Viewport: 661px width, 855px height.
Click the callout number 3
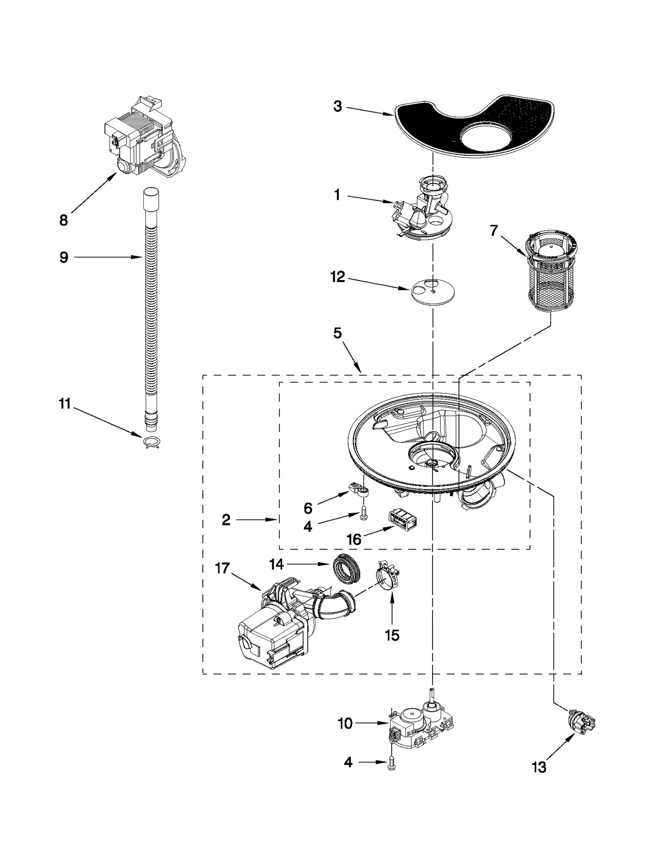[338, 107]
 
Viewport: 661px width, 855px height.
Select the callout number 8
[63, 221]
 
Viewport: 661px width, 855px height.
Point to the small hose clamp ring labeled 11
[152, 442]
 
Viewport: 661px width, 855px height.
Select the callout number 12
[338, 277]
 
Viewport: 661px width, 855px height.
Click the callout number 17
[222, 568]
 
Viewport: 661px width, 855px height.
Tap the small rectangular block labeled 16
[402, 520]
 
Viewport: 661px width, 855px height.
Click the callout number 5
[338, 333]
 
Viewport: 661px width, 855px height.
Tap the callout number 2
[226, 520]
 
